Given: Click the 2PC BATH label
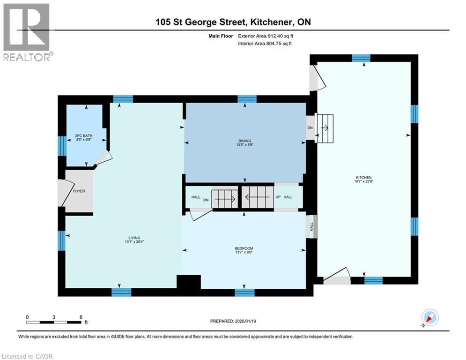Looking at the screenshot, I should (x=84, y=137).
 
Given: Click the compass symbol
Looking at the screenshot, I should (x=429, y=318).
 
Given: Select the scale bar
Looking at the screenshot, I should (x=54, y=322).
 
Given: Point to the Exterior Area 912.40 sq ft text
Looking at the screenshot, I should (x=266, y=36).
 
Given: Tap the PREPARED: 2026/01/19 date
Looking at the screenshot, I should (x=234, y=321).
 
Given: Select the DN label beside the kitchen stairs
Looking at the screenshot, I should (x=310, y=128).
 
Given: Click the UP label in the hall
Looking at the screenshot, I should (x=278, y=197).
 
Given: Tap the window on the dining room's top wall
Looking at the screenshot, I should (x=247, y=99).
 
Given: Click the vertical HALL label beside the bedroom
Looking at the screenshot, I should (x=312, y=226).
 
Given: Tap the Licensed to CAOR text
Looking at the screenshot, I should (x=27, y=356).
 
